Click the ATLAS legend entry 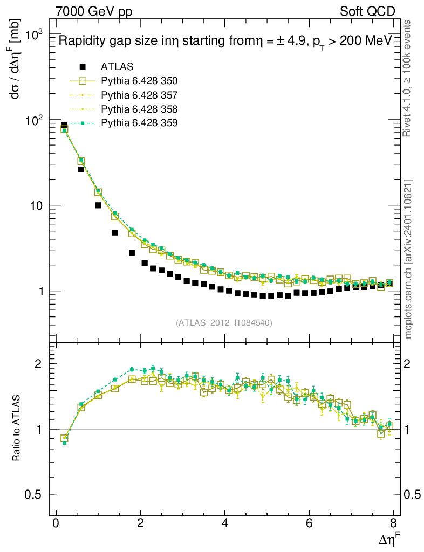tap(117, 67)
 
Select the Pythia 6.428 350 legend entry tap(139, 81)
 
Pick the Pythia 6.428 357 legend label tap(139, 95)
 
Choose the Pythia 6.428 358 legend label tap(139, 109)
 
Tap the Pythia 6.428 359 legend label tap(139, 123)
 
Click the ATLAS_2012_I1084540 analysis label tap(224, 323)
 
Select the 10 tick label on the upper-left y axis tap(35, 205)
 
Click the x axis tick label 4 tap(225, 525)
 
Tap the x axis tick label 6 tap(309, 525)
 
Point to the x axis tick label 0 tap(56, 525)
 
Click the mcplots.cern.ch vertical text tap(408, 259)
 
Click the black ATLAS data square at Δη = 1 tap(98, 205)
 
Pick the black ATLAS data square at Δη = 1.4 tap(115, 232)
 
